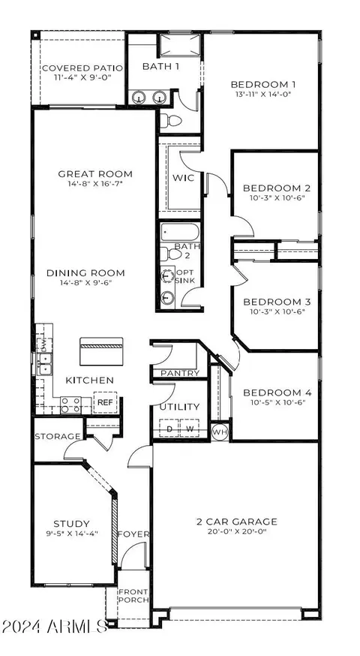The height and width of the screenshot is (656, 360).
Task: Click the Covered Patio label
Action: [x=82, y=68]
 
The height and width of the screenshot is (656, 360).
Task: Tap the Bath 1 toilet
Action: [x=171, y=121]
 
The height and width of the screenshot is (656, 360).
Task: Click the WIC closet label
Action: [x=184, y=178]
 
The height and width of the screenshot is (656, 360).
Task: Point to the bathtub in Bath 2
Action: [x=181, y=231]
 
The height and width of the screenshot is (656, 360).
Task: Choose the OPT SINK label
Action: [x=185, y=276]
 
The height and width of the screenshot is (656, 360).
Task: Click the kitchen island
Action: [x=101, y=351]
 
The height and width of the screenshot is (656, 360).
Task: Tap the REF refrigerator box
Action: [x=105, y=402]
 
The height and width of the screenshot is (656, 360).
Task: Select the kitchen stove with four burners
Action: [x=70, y=405]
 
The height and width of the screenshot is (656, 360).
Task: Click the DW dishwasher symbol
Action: [x=42, y=345]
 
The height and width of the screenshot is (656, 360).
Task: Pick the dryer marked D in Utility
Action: [x=169, y=428]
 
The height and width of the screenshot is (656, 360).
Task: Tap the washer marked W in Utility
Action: [x=190, y=428]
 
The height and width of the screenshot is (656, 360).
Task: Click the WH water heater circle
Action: [x=220, y=432]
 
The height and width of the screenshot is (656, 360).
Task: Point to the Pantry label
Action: [x=180, y=373]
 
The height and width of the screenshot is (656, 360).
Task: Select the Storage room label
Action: [x=57, y=437]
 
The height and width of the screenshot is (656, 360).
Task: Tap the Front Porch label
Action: [x=133, y=596]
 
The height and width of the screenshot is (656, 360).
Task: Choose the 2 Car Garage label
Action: [x=237, y=522]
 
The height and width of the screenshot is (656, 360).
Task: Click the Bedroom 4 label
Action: [x=277, y=393]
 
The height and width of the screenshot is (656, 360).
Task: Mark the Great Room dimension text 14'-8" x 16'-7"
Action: [x=95, y=183]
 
